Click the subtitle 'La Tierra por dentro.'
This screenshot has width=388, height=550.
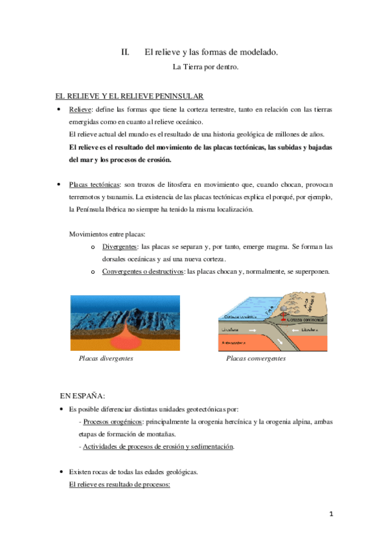tap(201, 66)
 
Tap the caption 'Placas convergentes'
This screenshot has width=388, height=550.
tap(256, 358)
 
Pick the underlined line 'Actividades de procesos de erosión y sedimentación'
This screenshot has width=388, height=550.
tap(159, 446)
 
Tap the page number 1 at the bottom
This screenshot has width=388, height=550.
tap(330, 514)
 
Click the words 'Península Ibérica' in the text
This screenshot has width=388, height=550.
tap(104, 210)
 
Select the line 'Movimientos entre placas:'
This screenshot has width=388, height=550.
tap(108, 234)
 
